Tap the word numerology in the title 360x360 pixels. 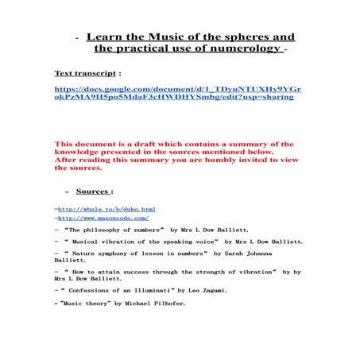tap(243, 48)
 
